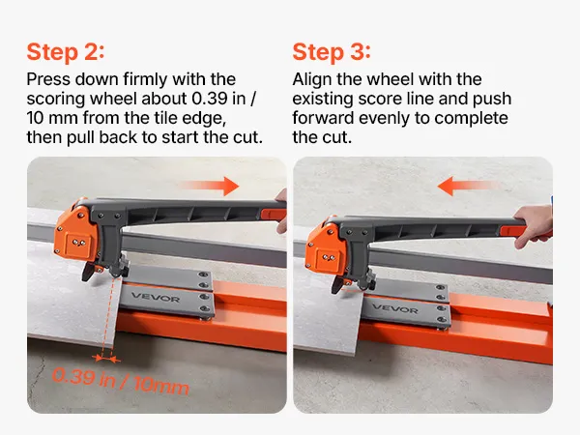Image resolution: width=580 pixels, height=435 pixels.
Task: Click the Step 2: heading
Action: pos(66,52)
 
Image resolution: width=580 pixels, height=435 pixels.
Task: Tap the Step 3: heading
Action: pos(332,52)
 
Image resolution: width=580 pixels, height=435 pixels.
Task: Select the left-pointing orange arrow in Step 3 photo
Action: pos(467,186)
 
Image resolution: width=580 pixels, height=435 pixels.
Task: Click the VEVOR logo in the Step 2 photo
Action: pos(156,297)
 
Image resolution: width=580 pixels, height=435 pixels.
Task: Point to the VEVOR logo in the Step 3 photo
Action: pos(394,307)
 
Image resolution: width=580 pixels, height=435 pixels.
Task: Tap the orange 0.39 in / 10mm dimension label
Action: pos(121,381)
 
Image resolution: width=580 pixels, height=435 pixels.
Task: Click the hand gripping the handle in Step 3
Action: pos(533,226)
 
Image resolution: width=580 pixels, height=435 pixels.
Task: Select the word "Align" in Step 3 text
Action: pos(312,79)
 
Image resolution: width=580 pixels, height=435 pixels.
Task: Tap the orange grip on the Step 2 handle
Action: pos(274,215)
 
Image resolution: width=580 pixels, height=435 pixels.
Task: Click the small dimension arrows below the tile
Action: pos(106,358)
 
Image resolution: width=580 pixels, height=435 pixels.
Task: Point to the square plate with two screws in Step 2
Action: pos(78,243)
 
